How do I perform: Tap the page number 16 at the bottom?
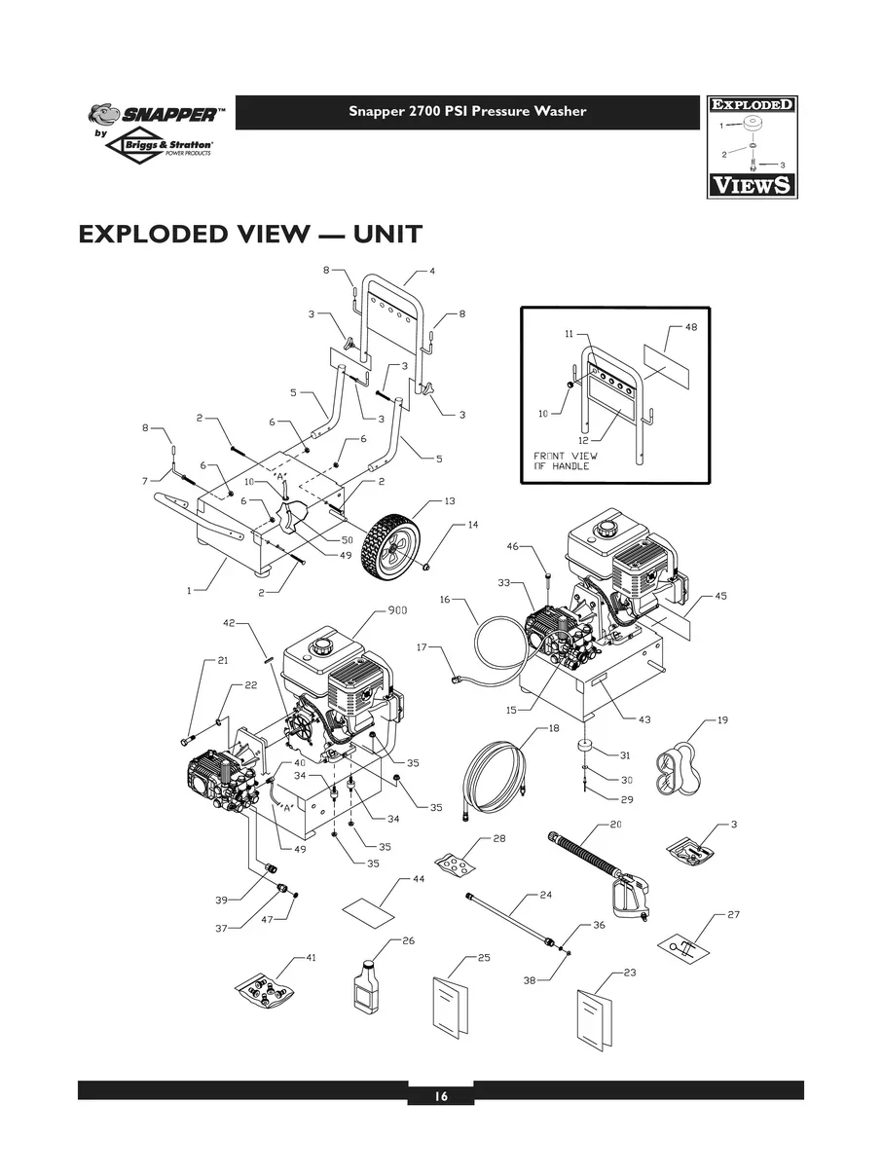click(440, 1096)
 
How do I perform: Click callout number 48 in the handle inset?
click(691, 327)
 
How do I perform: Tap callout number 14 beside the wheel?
click(473, 525)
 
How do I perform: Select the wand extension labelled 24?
click(511, 917)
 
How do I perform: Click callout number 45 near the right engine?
click(720, 595)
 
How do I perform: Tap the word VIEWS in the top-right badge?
click(750, 184)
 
